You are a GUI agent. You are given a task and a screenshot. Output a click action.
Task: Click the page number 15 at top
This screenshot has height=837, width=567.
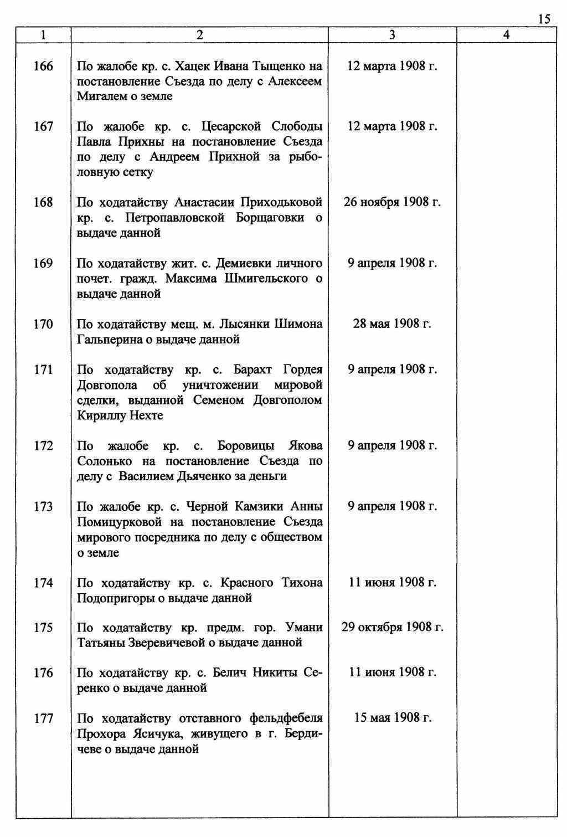tap(544, 19)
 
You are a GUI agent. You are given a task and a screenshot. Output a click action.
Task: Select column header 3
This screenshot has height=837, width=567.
tap(392, 35)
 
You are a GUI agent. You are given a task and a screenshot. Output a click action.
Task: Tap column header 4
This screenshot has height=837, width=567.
tap(506, 35)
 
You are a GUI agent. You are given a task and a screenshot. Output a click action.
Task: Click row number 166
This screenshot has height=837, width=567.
tap(43, 66)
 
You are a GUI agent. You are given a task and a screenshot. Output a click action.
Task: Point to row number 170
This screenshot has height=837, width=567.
tap(43, 324)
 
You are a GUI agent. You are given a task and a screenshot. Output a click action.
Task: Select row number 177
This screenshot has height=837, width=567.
tap(43, 718)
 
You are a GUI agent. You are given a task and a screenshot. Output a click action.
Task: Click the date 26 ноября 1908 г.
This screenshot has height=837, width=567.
tap(392, 202)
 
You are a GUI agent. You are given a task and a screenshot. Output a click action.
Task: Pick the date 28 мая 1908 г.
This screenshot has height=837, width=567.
tap(392, 323)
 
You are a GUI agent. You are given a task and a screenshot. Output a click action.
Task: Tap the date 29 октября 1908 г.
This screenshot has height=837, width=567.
tap(392, 627)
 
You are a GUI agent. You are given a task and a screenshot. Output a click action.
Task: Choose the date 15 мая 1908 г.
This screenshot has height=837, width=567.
tap(392, 718)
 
